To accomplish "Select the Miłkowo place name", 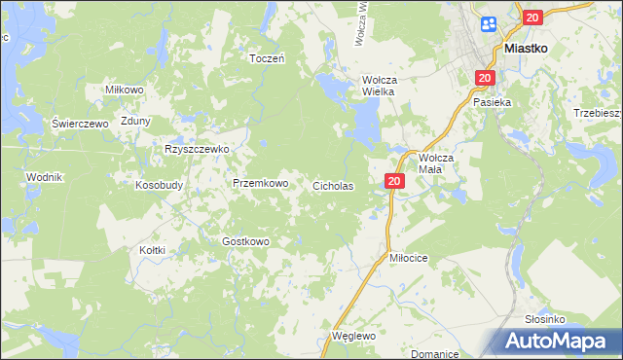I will click(125, 90).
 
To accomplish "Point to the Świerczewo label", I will click(80, 124).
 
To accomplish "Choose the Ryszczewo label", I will click(196, 149).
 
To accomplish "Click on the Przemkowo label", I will click(260, 183).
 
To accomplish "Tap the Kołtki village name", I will click(152, 250).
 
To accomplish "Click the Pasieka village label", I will click(493, 101).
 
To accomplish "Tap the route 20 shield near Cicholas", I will click(394, 181).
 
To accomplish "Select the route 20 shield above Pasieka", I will click(485, 78).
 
